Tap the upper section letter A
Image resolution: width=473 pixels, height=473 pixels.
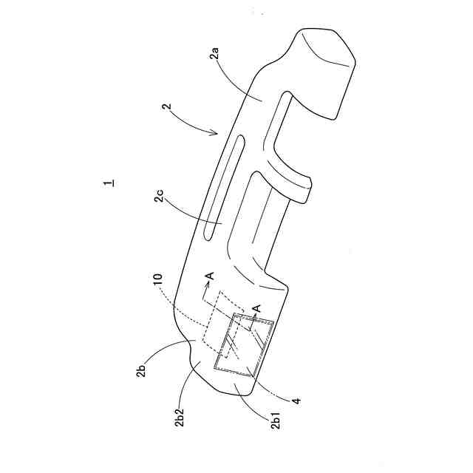[x=210, y=276]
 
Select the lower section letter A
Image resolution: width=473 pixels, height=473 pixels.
[x=257, y=308]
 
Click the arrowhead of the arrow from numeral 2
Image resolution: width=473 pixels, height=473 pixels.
[x=217, y=134]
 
